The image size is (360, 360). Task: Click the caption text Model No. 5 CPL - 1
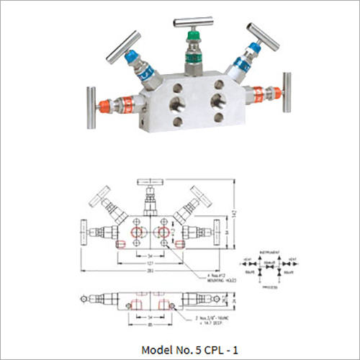180,349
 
